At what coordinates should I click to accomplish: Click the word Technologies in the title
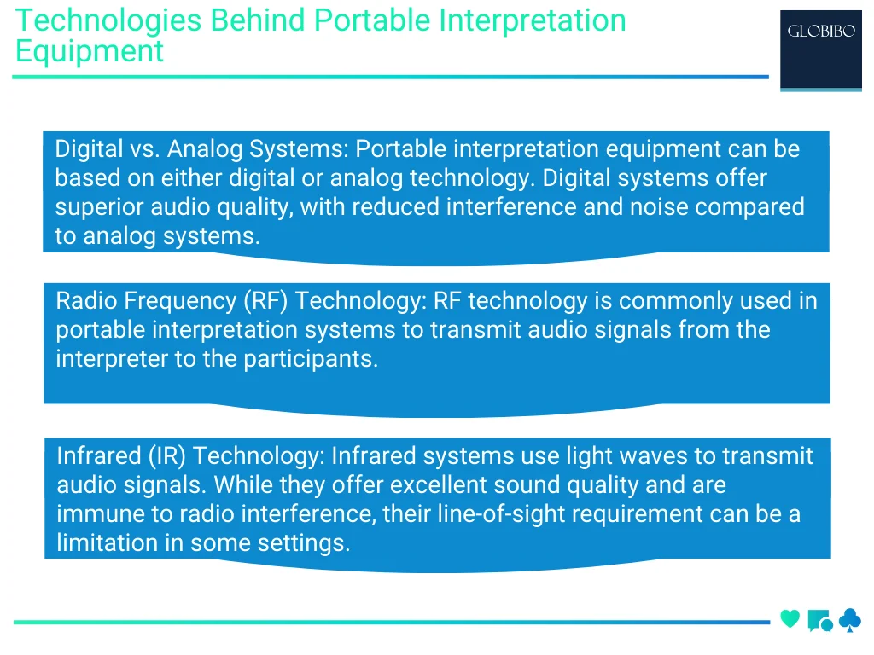(x=108, y=20)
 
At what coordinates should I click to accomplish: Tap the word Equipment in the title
(x=89, y=51)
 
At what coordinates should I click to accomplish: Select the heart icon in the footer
(x=790, y=619)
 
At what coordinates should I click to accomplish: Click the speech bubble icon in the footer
(x=819, y=621)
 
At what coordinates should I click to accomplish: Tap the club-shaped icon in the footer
(x=849, y=620)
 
